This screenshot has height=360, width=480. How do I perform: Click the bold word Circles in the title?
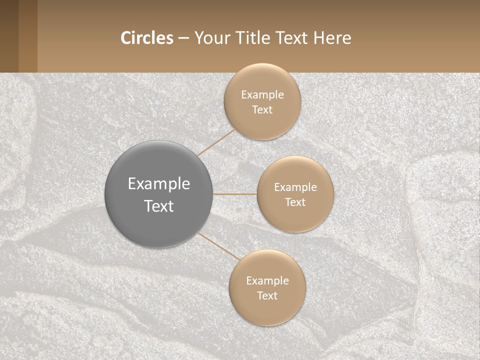tap(146, 38)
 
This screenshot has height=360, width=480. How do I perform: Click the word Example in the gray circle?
tap(159, 183)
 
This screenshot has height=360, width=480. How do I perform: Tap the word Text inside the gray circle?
tap(159, 206)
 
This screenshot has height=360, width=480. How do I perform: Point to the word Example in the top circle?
tap(262, 94)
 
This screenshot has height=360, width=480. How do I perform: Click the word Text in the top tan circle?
tap(262, 109)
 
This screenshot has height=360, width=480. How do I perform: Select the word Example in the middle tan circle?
tap(295, 187)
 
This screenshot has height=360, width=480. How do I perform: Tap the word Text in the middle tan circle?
tap(295, 202)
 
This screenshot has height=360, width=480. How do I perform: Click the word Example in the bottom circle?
tap(267, 280)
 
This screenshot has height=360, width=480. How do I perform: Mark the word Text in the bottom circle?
tap(267, 295)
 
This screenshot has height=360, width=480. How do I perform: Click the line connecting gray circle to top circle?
tap(216, 142)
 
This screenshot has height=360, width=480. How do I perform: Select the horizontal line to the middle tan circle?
tap(235, 194)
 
